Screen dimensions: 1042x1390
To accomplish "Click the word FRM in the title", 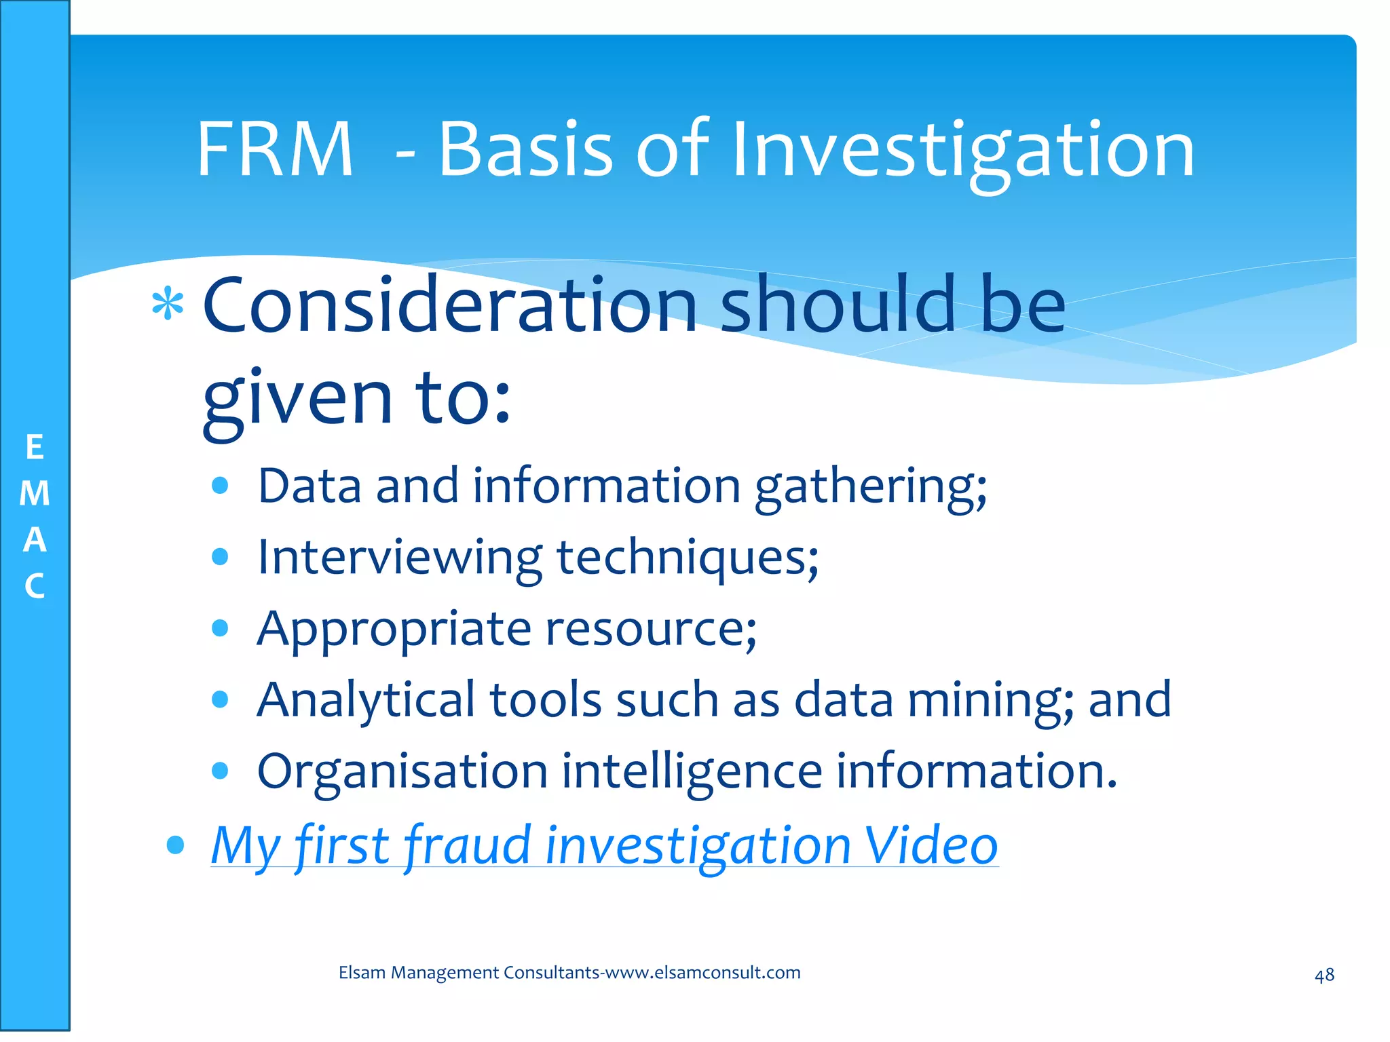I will pyautogui.click(x=274, y=149).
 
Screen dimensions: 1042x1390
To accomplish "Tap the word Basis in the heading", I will pyautogui.click(x=526, y=149).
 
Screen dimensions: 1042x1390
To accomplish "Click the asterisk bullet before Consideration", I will pyautogui.click(x=168, y=305).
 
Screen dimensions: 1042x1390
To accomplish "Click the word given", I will pyautogui.click(x=297, y=399).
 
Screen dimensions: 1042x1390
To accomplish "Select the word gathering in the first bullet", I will pyautogui.click(x=870, y=487).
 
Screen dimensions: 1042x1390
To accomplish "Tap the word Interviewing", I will pyautogui.click(x=399, y=558).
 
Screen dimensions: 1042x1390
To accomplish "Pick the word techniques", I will pyautogui.click(x=687, y=558).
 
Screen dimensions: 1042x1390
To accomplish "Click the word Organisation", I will pyautogui.click(x=402, y=772).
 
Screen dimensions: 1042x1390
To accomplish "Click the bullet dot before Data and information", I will pyautogui.click(x=219, y=486).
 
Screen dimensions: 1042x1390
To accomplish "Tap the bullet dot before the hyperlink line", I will pyautogui.click(x=175, y=845).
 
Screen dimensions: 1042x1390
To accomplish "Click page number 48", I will pyautogui.click(x=1324, y=976).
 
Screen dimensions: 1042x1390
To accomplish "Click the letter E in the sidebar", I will pyautogui.click(x=35, y=448).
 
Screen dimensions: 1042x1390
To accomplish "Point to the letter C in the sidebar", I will pyautogui.click(x=35, y=587).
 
